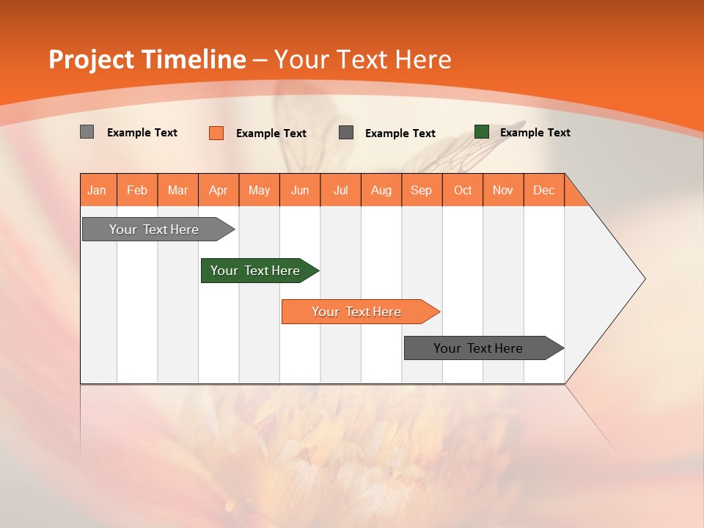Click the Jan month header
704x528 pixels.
98,190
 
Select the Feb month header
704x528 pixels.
137,190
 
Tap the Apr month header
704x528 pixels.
219,190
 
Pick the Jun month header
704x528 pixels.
300,190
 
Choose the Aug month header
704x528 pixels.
381,190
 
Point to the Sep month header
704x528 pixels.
422,190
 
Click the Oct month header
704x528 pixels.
463,190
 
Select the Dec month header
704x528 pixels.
544,190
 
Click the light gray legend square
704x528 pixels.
87,132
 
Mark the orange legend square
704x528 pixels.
216,133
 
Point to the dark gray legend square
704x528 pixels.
346,133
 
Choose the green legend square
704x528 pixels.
482,132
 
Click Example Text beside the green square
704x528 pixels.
535,133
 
